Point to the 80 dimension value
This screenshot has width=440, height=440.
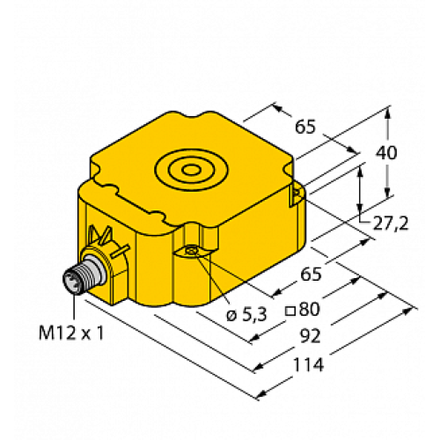point(309,309)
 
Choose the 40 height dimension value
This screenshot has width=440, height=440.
point(386,152)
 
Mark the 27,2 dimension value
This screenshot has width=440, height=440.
point(391,224)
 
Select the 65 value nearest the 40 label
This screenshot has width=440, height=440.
point(305,128)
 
